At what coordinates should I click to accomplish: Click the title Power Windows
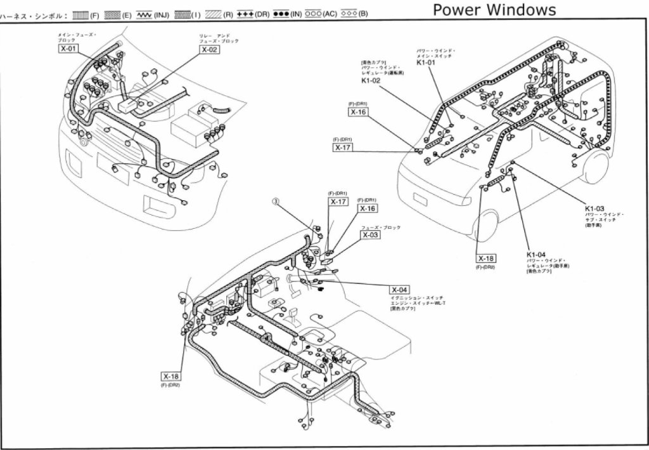(494, 10)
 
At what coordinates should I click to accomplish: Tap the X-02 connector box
(209, 49)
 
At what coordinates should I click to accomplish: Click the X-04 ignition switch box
(400, 289)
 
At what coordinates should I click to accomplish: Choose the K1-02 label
(371, 81)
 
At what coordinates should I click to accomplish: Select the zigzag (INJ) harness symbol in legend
(144, 13)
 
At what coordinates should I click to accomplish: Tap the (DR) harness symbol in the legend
(245, 13)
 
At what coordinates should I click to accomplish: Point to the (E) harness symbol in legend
(112, 13)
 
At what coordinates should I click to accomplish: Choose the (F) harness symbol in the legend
(80, 13)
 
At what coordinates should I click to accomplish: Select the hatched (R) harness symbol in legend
(212, 13)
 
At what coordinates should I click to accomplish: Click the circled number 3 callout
(276, 202)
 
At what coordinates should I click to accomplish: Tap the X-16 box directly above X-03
(368, 208)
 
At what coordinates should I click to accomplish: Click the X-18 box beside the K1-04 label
(487, 259)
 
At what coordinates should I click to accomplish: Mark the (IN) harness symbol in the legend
(280, 13)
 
